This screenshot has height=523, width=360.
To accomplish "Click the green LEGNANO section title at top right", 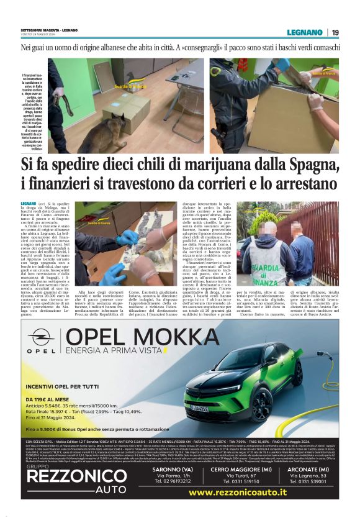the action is coord(304,32).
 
